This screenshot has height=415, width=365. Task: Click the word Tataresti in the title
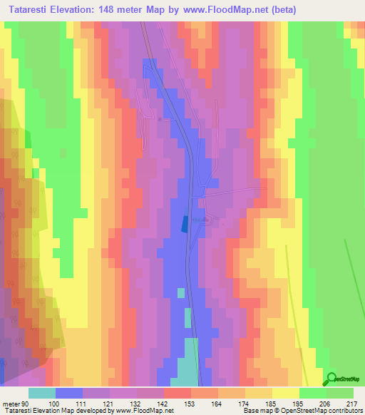[x=29, y=10]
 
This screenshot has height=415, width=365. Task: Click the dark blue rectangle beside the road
[x=186, y=224]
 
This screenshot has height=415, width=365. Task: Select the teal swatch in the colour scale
[x=42, y=394]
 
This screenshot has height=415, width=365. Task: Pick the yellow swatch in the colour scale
[x=285, y=394]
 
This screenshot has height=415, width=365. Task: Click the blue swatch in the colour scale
[x=69, y=394]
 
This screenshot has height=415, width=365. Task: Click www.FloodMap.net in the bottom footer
[x=143, y=411]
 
